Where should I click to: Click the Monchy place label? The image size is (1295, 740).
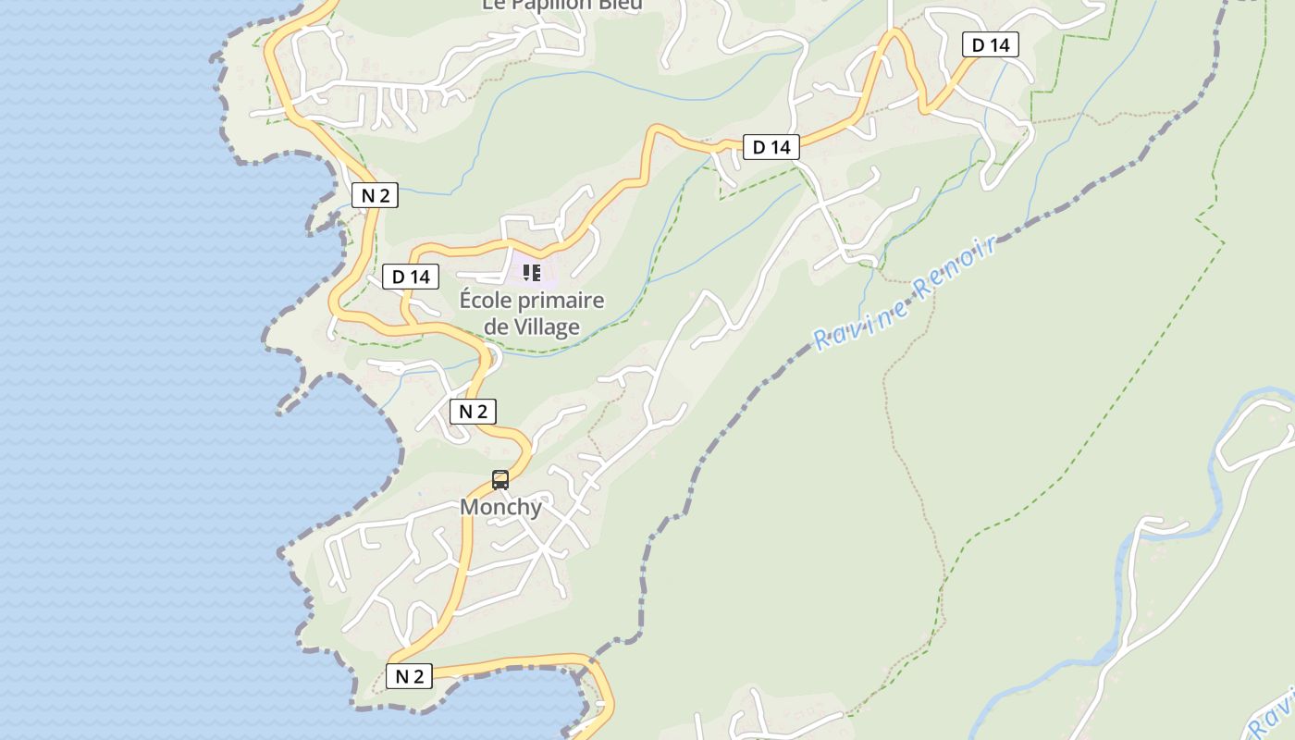[x=500, y=507]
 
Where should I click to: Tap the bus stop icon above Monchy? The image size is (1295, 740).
[x=500, y=479]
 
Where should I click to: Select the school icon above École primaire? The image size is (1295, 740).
[x=532, y=272]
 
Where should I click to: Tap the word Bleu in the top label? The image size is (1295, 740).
[x=622, y=5]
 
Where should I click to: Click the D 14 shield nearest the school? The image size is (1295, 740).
[x=411, y=276]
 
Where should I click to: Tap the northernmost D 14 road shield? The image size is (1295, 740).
[x=990, y=44]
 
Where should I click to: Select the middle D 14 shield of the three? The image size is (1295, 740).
[x=771, y=146]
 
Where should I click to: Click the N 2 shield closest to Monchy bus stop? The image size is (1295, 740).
[x=473, y=412]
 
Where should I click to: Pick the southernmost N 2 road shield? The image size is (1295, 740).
[x=409, y=676]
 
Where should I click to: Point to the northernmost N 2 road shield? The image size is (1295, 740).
[x=375, y=195]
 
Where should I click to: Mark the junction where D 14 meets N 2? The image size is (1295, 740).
[x=407, y=320]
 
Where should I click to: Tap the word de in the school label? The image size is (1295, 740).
[x=497, y=327]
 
